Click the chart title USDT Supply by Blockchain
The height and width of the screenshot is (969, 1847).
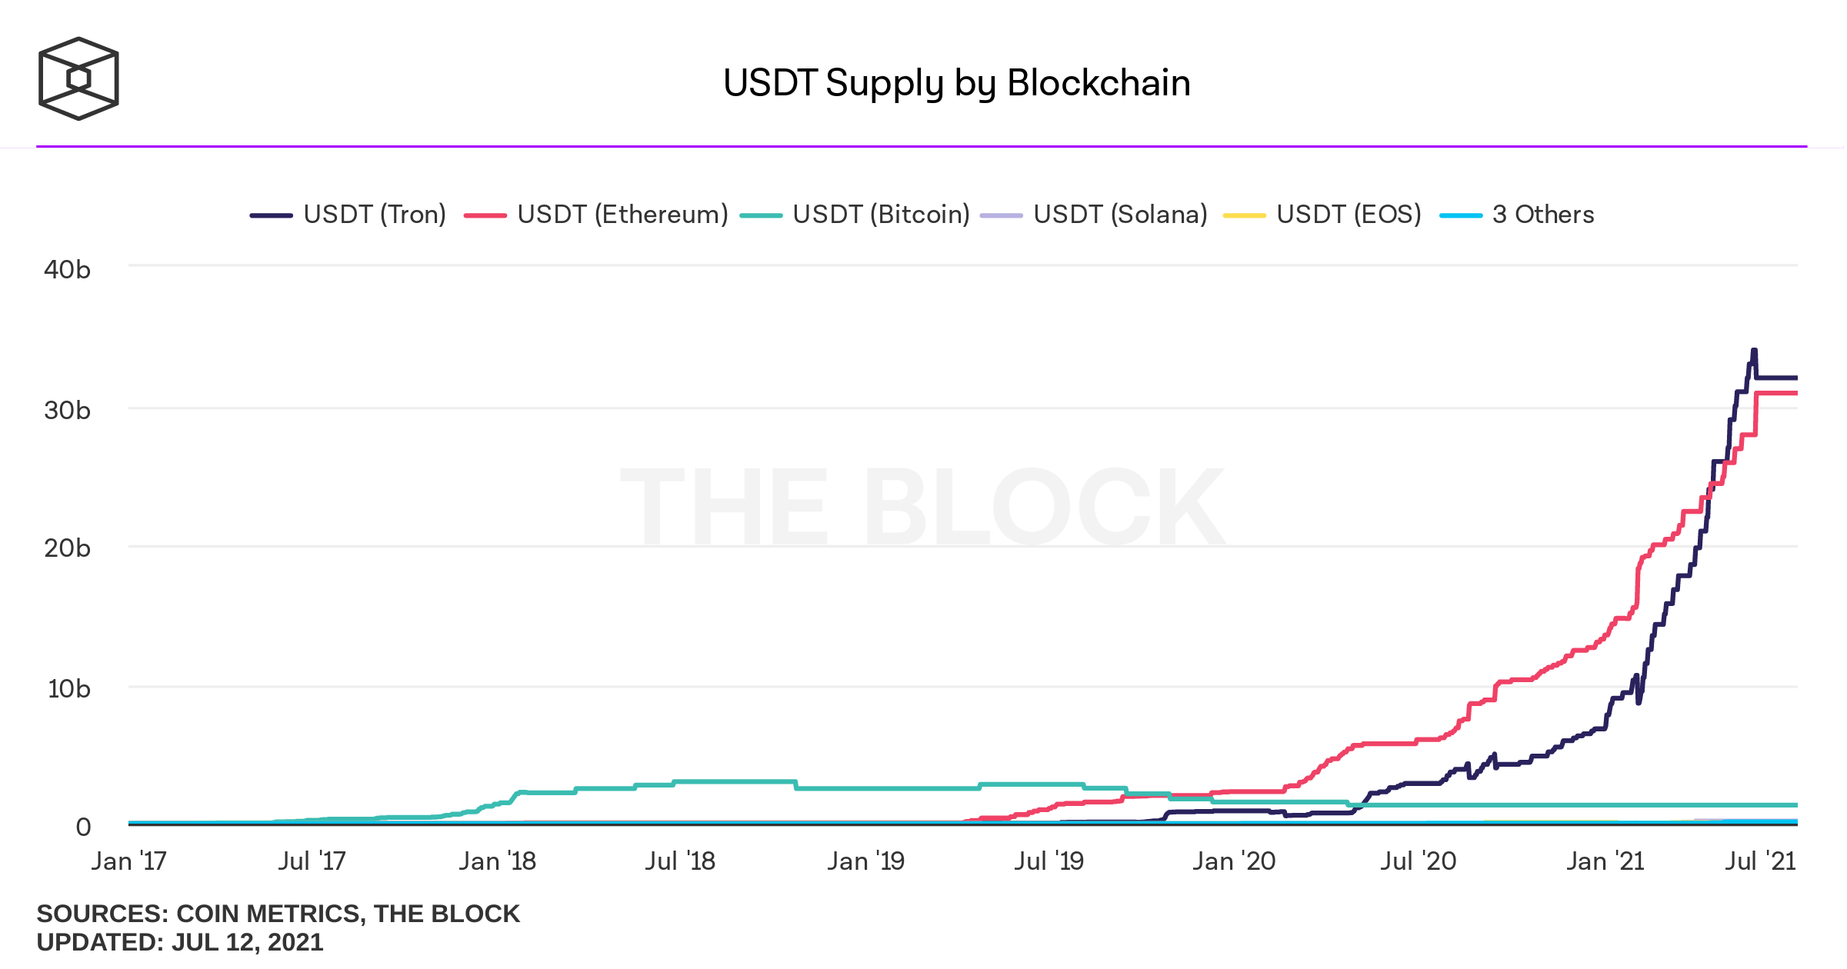[956, 83]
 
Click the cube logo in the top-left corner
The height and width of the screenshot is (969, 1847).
[78, 78]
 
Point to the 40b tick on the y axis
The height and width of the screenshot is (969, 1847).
[67, 270]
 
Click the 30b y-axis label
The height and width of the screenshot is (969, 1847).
[67, 411]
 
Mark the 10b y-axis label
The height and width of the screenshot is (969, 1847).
[68, 689]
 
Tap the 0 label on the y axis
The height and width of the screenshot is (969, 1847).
[83, 827]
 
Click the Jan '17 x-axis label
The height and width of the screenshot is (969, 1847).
[128, 861]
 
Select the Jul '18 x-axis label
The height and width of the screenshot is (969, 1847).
[680, 861]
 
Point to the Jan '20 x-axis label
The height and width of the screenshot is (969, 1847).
[1234, 861]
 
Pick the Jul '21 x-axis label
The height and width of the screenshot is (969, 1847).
[1760, 861]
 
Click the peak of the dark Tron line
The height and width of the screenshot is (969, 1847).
[1754, 351]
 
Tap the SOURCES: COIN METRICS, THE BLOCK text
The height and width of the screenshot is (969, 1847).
[278, 914]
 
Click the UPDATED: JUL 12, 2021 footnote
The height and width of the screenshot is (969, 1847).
[180, 942]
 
